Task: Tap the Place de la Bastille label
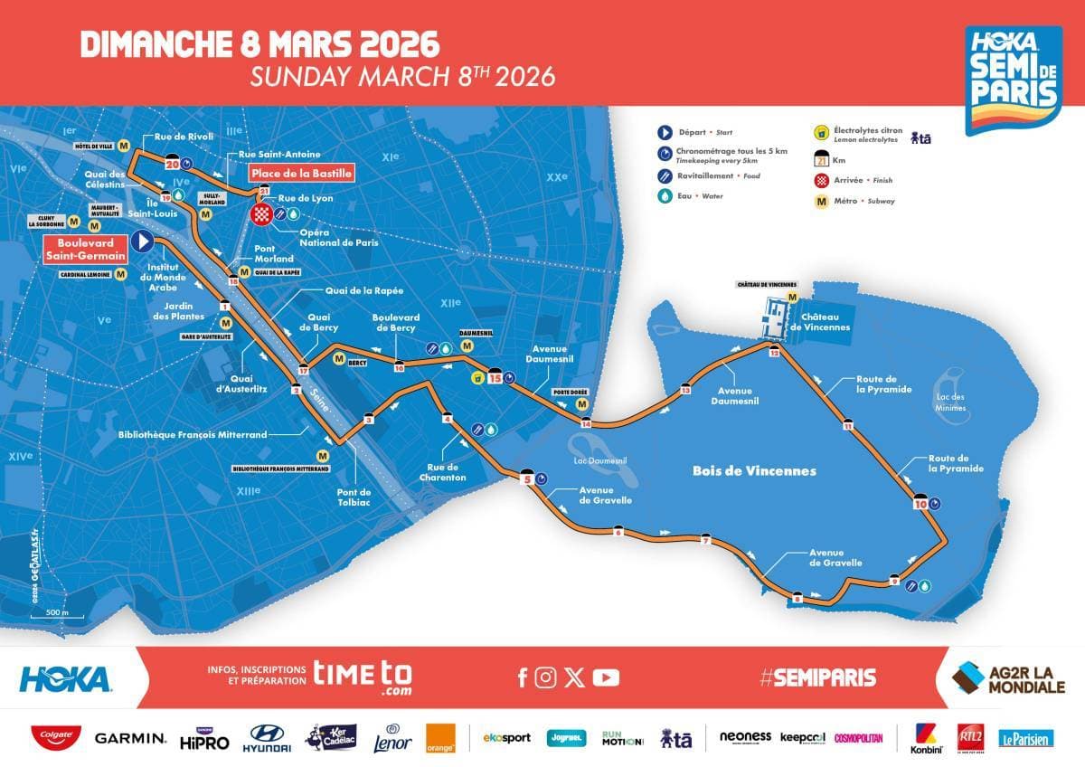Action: tap(301, 173)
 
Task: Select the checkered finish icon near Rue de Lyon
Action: tap(261, 214)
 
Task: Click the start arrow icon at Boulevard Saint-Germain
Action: tap(141, 241)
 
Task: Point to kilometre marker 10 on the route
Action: tap(921, 503)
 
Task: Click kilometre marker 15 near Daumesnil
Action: tap(495, 377)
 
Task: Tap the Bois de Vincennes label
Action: tap(754, 471)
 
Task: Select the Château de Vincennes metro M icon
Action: tap(792, 297)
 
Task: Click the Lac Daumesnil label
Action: tap(601, 460)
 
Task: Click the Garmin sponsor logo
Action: tap(130, 739)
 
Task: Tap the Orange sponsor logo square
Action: tap(441, 738)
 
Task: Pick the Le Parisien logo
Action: tap(1026, 739)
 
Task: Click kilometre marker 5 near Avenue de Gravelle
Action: tap(527, 481)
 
